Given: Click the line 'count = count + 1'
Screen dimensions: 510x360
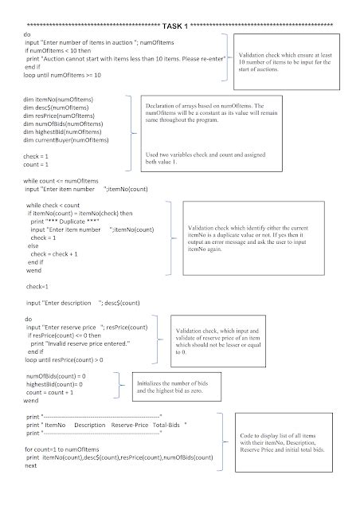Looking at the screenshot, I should coord(52,392).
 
